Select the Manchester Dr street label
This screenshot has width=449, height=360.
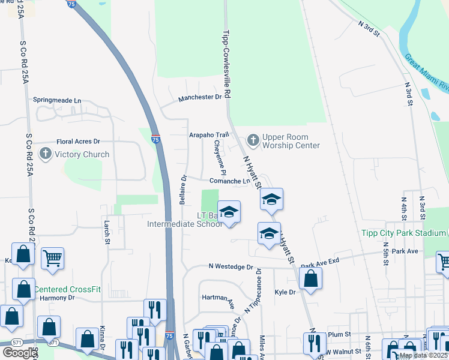tap(200, 97)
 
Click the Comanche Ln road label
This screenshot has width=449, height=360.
tap(230, 181)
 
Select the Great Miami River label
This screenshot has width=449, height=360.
tap(427, 73)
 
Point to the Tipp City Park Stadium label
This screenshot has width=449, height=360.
tap(403, 233)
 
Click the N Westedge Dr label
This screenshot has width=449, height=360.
tap(231, 266)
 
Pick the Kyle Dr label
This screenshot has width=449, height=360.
tap(285, 292)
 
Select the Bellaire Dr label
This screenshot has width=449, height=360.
tap(184, 190)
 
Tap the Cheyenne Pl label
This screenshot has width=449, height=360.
tap(217, 158)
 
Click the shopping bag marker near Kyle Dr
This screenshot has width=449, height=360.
tap(310, 278)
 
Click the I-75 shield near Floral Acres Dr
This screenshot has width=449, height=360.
tap(155, 139)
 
